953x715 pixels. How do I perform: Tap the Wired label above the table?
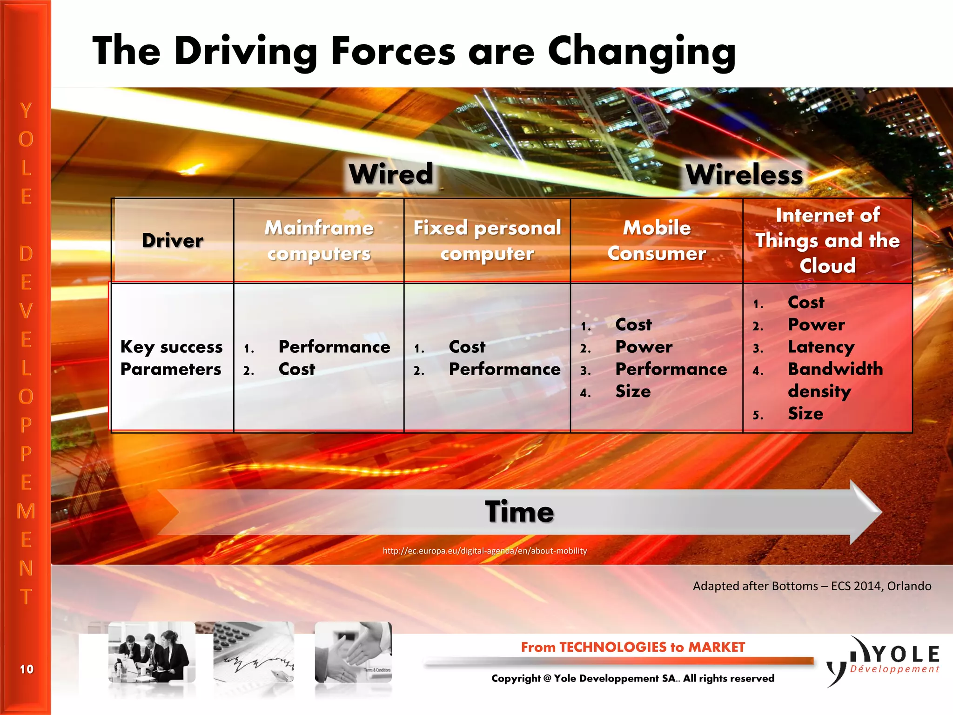[391, 174]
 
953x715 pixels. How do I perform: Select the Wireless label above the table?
[744, 175]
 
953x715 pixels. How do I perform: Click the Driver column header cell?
[172, 241]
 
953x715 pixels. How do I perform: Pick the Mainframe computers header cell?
[319, 241]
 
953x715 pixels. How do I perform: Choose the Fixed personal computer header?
[487, 241]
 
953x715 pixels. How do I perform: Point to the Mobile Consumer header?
[657, 241]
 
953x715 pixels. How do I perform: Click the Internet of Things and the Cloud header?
[827, 241]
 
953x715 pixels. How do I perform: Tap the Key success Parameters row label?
[171, 357]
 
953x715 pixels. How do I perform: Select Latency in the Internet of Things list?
[821, 347]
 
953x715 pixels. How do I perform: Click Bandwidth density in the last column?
[835, 380]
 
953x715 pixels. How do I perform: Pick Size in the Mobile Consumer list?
[633, 391]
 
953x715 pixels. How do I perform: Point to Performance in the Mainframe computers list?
[334, 347]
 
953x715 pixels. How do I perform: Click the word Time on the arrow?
[519, 512]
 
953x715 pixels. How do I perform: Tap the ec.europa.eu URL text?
[484, 551]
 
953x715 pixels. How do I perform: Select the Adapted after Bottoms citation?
[812, 586]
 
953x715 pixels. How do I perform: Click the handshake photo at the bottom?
[353, 652]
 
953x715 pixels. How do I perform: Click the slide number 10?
[27, 669]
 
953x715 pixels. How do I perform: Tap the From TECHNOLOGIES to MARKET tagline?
[632, 647]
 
